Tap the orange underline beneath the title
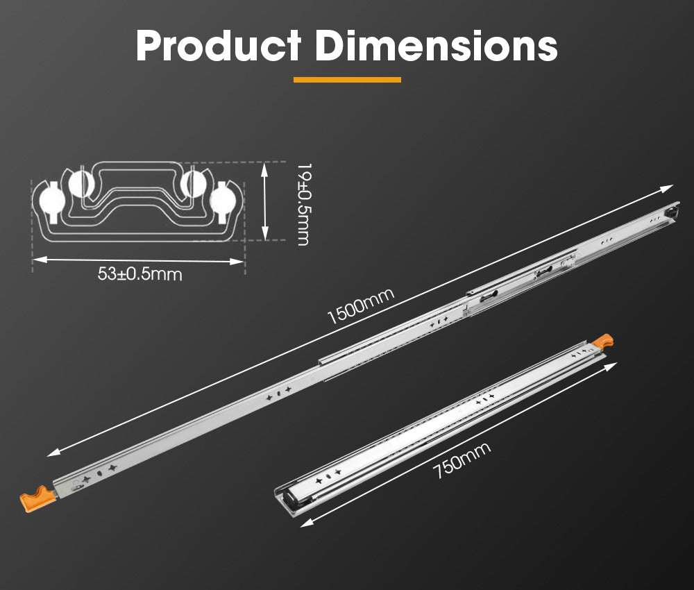(x=347, y=80)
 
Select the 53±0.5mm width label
(x=139, y=274)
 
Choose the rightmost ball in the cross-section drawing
(x=223, y=200)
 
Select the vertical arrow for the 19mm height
(x=264, y=202)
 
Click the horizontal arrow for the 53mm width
(x=139, y=260)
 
